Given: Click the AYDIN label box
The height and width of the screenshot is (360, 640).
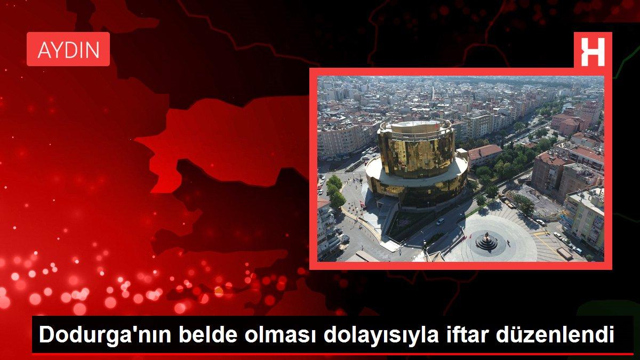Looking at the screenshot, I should click(68, 50).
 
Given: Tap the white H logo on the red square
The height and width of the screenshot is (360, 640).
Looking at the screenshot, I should click(593, 50).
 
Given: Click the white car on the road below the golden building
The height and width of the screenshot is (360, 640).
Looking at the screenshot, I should click(440, 221).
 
